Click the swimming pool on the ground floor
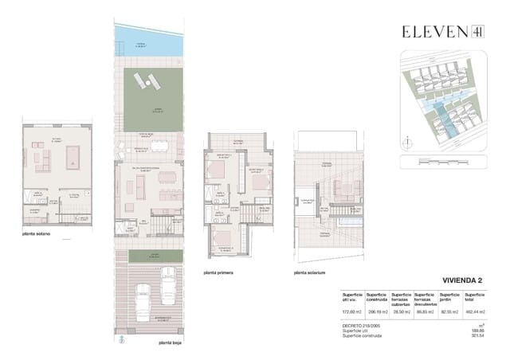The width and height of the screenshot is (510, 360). (149, 39)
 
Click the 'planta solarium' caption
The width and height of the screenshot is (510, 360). (311, 272)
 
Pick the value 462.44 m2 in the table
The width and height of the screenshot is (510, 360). (474, 311)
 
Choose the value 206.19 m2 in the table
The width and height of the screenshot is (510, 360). (377, 311)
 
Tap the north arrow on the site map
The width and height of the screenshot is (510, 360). (408, 143)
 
